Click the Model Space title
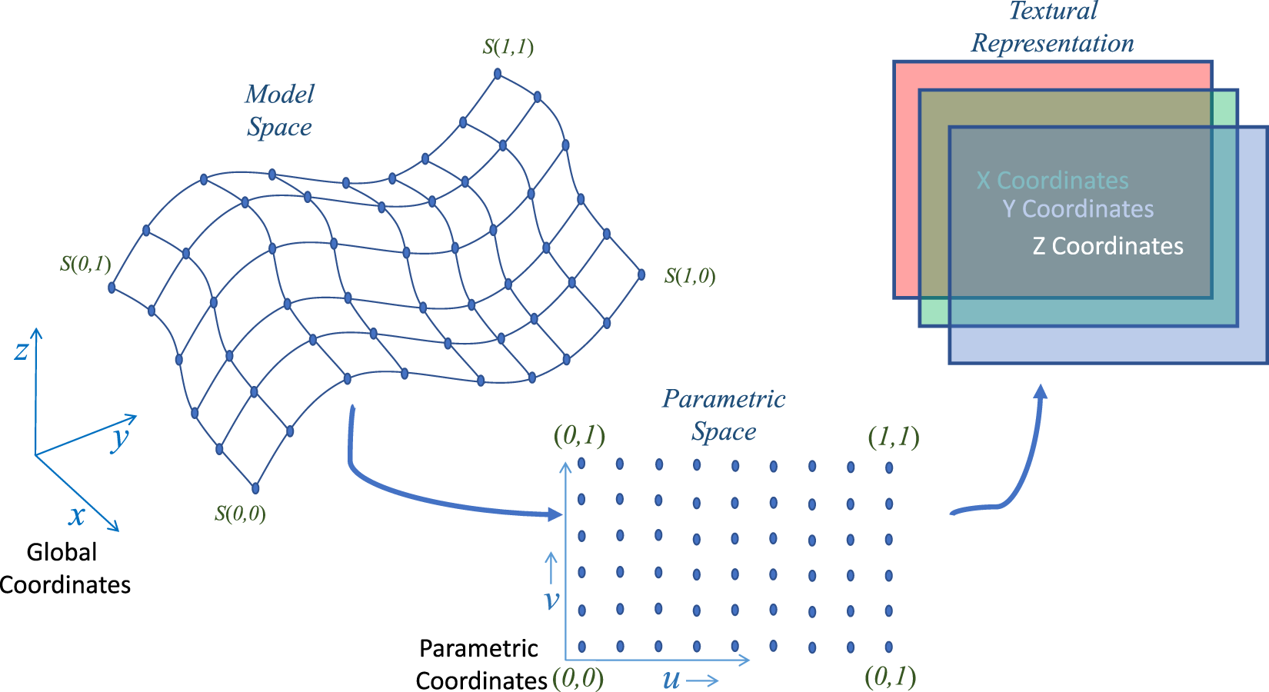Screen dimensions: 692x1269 click(x=279, y=111)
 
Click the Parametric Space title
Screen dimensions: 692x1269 click(x=724, y=415)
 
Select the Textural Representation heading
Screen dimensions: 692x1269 click(x=1052, y=27)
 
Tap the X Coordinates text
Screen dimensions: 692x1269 click(x=1052, y=181)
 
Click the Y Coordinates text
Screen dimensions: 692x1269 click(x=1077, y=209)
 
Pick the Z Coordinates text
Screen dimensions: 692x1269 click(x=1107, y=246)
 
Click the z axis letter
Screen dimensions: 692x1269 click(x=21, y=351)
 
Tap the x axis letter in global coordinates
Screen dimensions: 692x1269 click(x=76, y=515)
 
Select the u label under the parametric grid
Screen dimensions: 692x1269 click(x=671, y=680)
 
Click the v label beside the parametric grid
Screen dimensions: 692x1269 click(x=551, y=600)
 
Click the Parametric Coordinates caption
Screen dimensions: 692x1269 click(x=480, y=664)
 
